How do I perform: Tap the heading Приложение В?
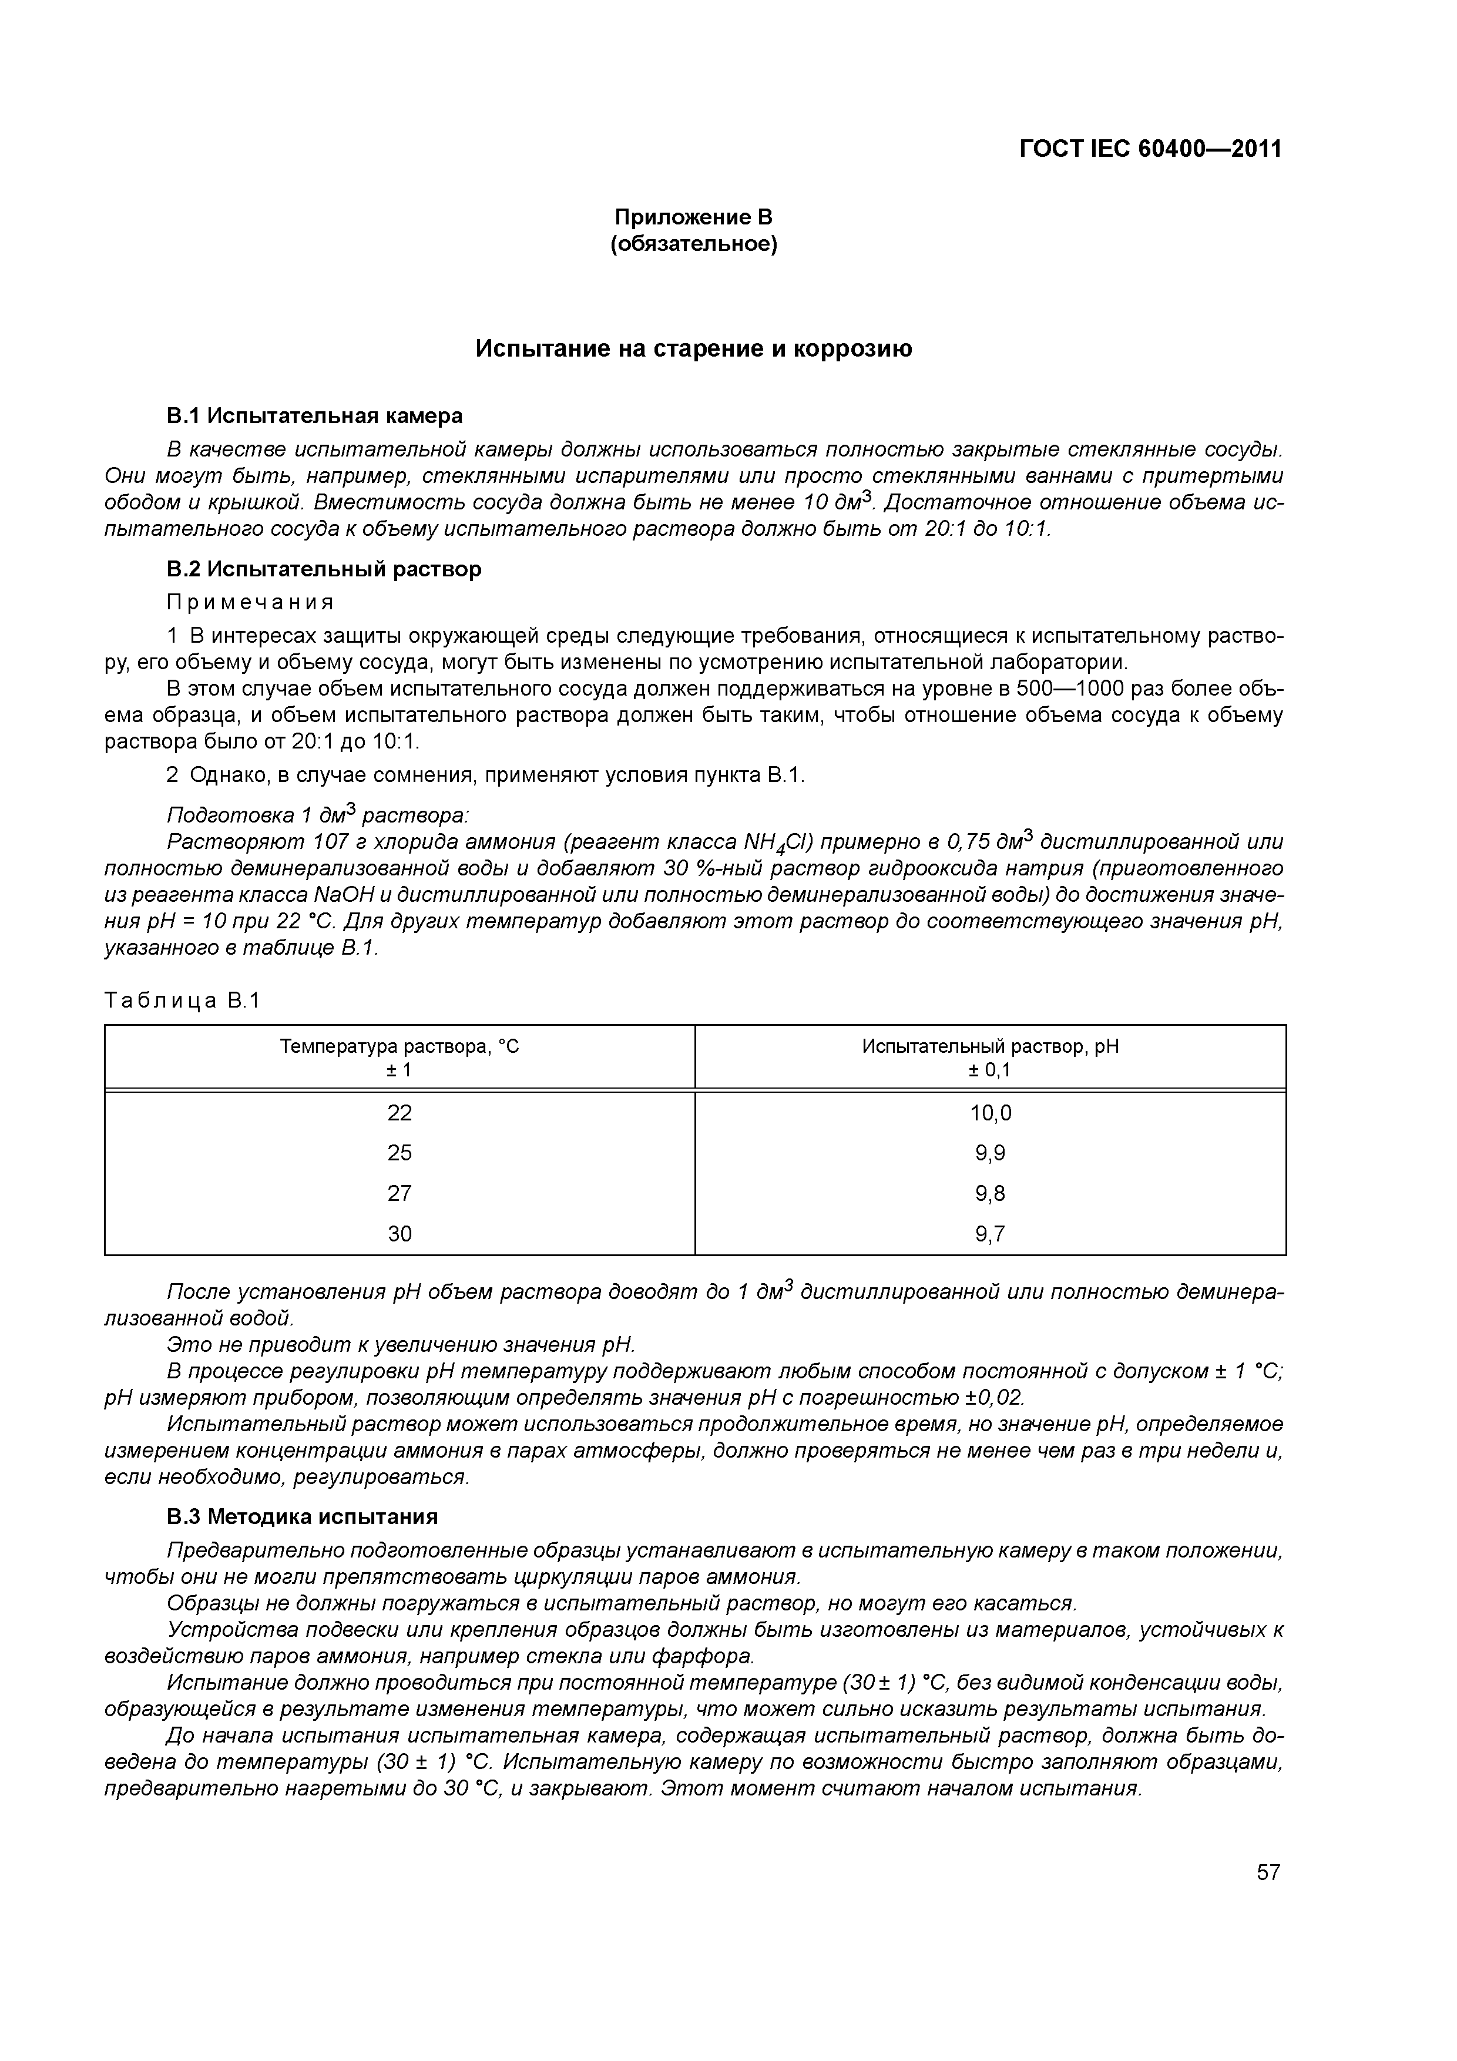[x=693, y=217]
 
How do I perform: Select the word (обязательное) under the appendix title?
[x=693, y=244]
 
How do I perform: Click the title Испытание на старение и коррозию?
[x=693, y=349]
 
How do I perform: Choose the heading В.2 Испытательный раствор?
[x=324, y=569]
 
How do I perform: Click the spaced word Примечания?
[x=250, y=602]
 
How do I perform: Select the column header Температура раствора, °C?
[x=399, y=1047]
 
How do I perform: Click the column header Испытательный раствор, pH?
[x=990, y=1047]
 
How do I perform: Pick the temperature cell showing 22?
[x=399, y=1113]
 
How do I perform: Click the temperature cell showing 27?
[x=399, y=1193]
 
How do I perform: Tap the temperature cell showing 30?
[x=399, y=1233]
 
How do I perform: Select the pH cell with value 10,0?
[x=990, y=1113]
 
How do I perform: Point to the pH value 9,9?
[x=990, y=1153]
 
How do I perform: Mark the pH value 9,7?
[x=990, y=1233]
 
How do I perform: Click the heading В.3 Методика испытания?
[x=303, y=1516]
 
